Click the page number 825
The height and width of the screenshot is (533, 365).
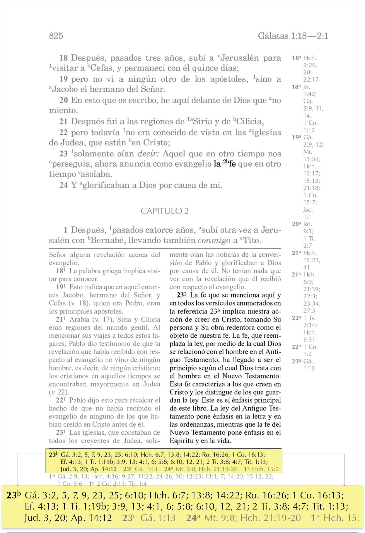point(56,36)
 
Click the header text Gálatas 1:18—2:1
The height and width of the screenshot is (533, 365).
point(293,36)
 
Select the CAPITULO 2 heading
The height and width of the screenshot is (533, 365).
point(165,211)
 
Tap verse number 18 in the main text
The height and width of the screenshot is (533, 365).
point(64,58)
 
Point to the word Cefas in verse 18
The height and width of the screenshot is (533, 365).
point(102,68)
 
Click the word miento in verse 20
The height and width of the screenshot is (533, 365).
point(63,111)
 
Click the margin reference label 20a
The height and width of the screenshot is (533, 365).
point(296,224)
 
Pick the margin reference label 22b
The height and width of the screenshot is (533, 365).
point(296,347)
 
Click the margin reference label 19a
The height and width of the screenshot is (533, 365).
point(296,137)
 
